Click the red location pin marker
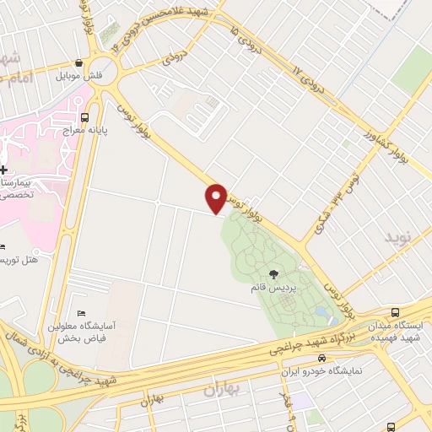(x=216, y=197)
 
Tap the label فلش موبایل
(x=78, y=76)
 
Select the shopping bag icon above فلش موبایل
(x=78, y=62)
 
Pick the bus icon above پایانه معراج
(x=84, y=118)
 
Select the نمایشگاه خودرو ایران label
(x=321, y=370)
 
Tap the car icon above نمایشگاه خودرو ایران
(x=321, y=357)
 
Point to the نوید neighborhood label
(x=401, y=237)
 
